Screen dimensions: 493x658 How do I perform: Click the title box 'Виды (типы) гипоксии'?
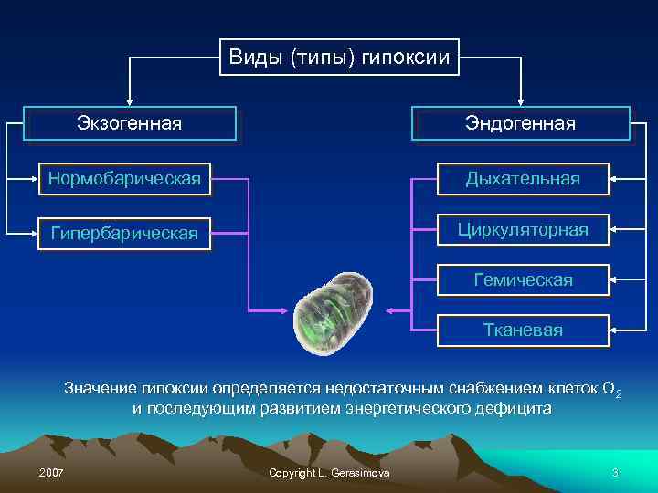coord(339,58)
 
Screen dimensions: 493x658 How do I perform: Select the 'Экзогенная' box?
coord(129,122)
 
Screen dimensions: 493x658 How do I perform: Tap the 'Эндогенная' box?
coord(521,122)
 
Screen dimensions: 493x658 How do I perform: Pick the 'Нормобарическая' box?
coord(124,178)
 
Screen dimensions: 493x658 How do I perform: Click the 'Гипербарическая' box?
coord(124,234)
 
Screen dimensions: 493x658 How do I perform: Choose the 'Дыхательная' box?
coord(522,178)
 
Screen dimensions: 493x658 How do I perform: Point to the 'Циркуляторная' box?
coord(522,228)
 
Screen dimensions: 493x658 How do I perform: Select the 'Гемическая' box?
coord(522,279)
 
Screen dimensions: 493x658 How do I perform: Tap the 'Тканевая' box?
coord(522,330)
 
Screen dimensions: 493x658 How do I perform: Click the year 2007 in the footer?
coord(52,472)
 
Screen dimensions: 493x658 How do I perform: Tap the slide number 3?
coord(615,472)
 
